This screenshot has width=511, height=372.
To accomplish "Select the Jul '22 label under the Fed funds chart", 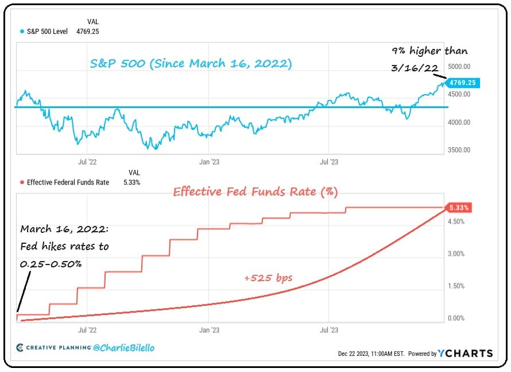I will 87,330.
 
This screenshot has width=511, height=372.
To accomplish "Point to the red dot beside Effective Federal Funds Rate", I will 22,182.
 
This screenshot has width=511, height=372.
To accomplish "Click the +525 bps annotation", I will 268,278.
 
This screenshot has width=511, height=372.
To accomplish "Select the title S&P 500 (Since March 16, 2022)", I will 191,64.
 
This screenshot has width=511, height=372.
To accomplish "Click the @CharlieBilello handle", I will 124,348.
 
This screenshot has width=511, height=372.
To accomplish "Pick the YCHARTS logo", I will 465,353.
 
